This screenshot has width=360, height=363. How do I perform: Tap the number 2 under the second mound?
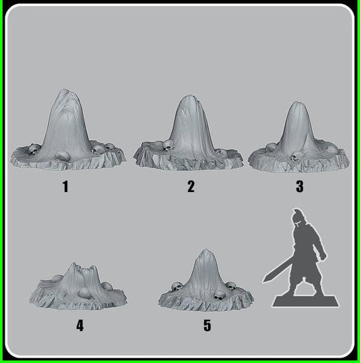(x=191, y=187)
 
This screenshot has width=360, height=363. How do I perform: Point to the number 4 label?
(x=80, y=326)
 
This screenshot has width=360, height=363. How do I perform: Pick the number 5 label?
(x=207, y=326)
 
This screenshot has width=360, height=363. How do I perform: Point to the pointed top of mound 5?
(x=206, y=251)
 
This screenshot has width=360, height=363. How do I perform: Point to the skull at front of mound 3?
(x=294, y=157)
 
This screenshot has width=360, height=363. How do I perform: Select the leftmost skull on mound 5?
(x=176, y=287)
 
